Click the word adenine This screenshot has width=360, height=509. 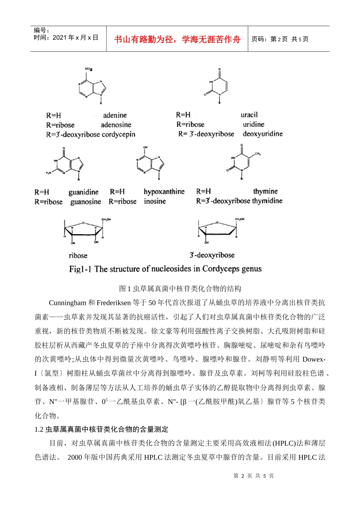pyautogui.click(x=115, y=115)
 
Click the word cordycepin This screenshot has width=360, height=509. pyautogui.click(x=118, y=134)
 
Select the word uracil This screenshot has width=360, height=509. pyautogui.click(x=249, y=115)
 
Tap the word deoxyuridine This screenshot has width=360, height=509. pyautogui.click(x=263, y=134)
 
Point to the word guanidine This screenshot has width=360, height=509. pyautogui.click(x=83, y=192)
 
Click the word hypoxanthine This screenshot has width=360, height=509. pyautogui.click(x=164, y=192)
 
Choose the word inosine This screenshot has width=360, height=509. pyautogui.click(x=155, y=201)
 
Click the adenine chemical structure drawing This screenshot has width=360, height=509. pyautogui.click(x=91, y=86)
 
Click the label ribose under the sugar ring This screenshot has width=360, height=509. pyautogui.click(x=78, y=256)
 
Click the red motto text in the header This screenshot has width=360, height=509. pyautogui.click(x=177, y=39)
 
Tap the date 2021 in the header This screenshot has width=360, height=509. pyautogui.click(x=59, y=37)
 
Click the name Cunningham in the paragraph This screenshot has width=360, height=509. pyautogui.click(x=67, y=303)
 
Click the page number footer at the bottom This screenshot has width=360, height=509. pyautogui.click(x=254, y=476)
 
